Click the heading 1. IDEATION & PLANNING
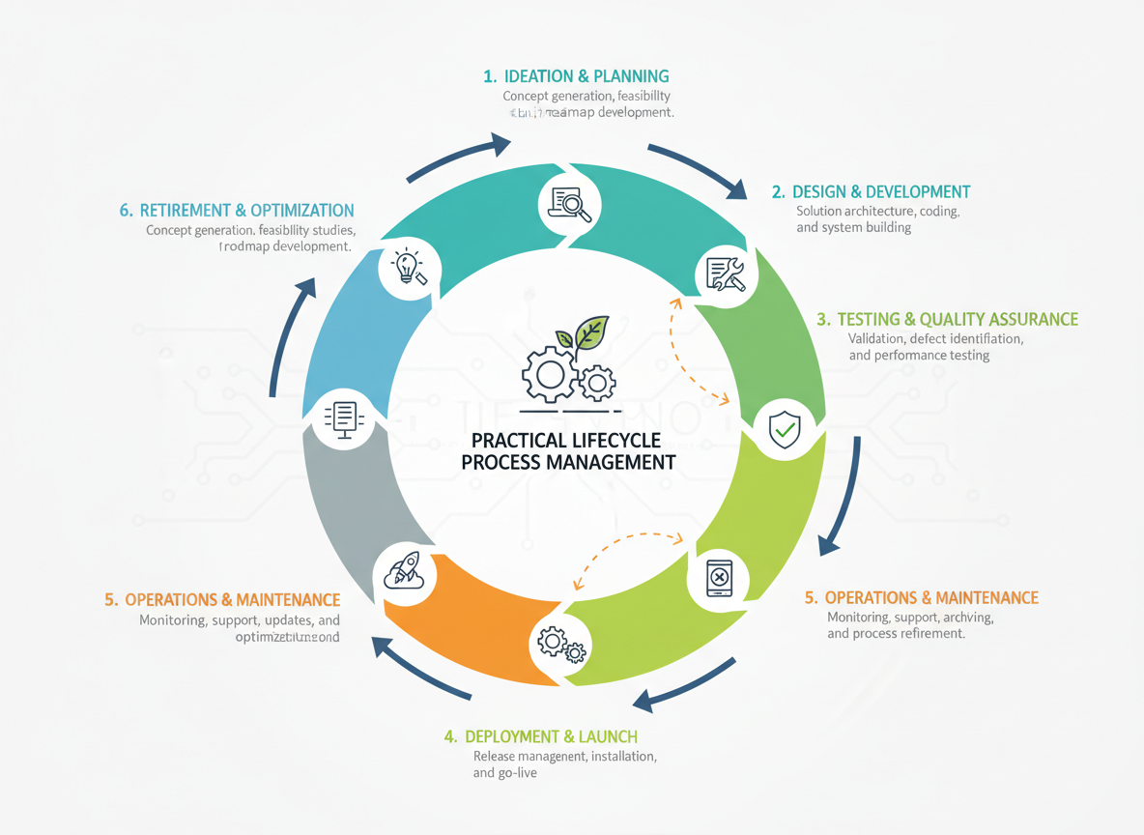coord(576,76)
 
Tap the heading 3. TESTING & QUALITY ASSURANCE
coord(947,319)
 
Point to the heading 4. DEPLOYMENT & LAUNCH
coord(540,736)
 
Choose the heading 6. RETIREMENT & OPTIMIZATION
coord(237,210)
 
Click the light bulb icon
coord(408,266)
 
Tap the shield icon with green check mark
coord(784,427)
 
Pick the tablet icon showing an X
coord(719,577)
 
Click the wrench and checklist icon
coord(726,274)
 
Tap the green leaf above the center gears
coord(590,332)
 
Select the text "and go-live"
coord(504,774)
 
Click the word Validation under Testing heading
coord(875,338)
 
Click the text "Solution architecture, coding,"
coord(877,211)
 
